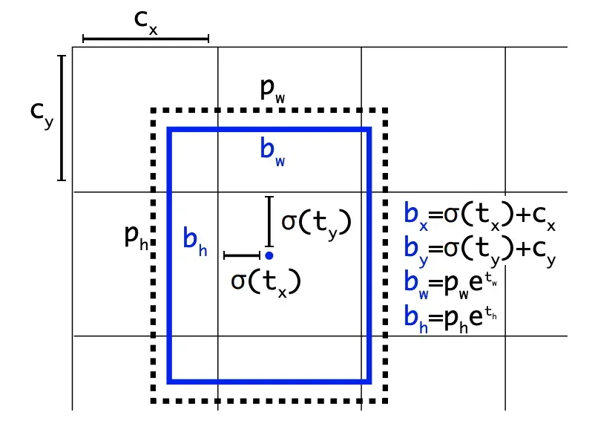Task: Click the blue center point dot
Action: coord(269,255)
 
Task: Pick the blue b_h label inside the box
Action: coord(195,241)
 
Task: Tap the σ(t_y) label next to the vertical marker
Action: coord(316,222)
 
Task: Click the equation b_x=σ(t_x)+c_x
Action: coord(481,215)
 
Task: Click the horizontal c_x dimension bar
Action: coord(145,38)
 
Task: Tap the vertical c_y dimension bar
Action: coord(62,117)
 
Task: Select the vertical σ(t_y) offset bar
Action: coord(270,221)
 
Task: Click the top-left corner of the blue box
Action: coord(170,130)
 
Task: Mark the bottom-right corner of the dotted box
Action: coord(386,400)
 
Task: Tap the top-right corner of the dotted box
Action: coord(386,111)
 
